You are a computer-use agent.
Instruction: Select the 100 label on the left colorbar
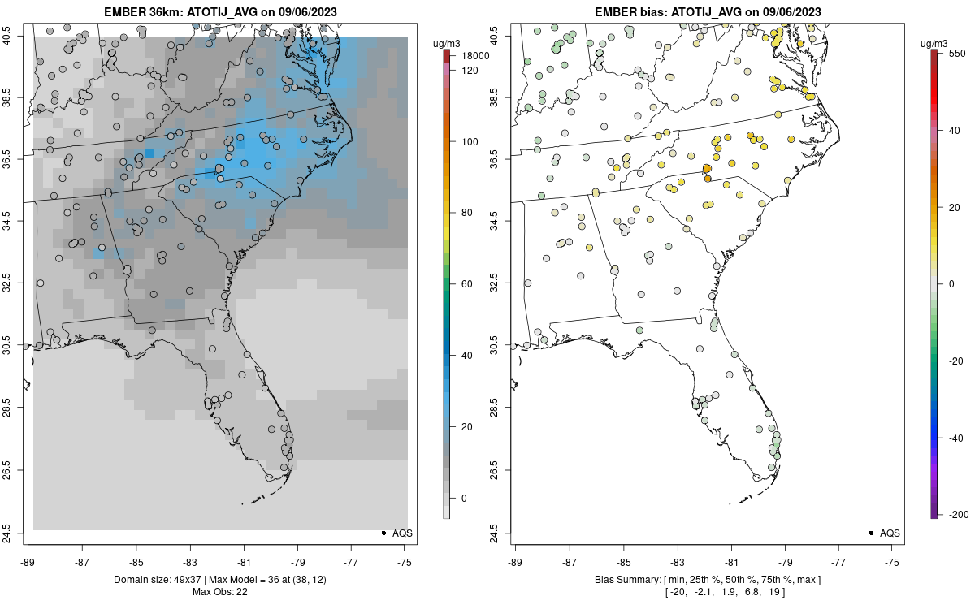[x=469, y=142]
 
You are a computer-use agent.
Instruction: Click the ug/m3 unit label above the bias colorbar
[x=935, y=42]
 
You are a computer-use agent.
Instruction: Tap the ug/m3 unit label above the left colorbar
[x=448, y=42]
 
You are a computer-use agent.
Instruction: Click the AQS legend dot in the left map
[x=383, y=533]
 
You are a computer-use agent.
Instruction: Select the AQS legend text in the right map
[x=890, y=533]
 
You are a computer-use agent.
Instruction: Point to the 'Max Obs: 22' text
[x=219, y=590]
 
